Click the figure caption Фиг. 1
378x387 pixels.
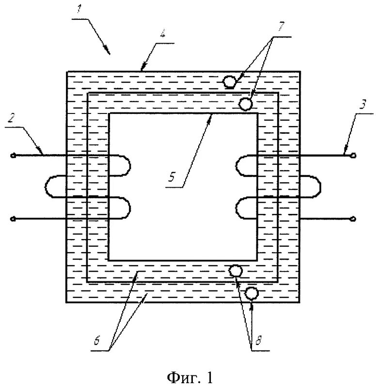coord(189,377)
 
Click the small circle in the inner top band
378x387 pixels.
coord(246,104)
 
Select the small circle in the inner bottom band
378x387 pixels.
coord(236,271)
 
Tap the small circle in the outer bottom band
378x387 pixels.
coord(252,293)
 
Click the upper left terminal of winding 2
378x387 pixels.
coord(12,156)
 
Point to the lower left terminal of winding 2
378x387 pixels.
coord(12,219)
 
